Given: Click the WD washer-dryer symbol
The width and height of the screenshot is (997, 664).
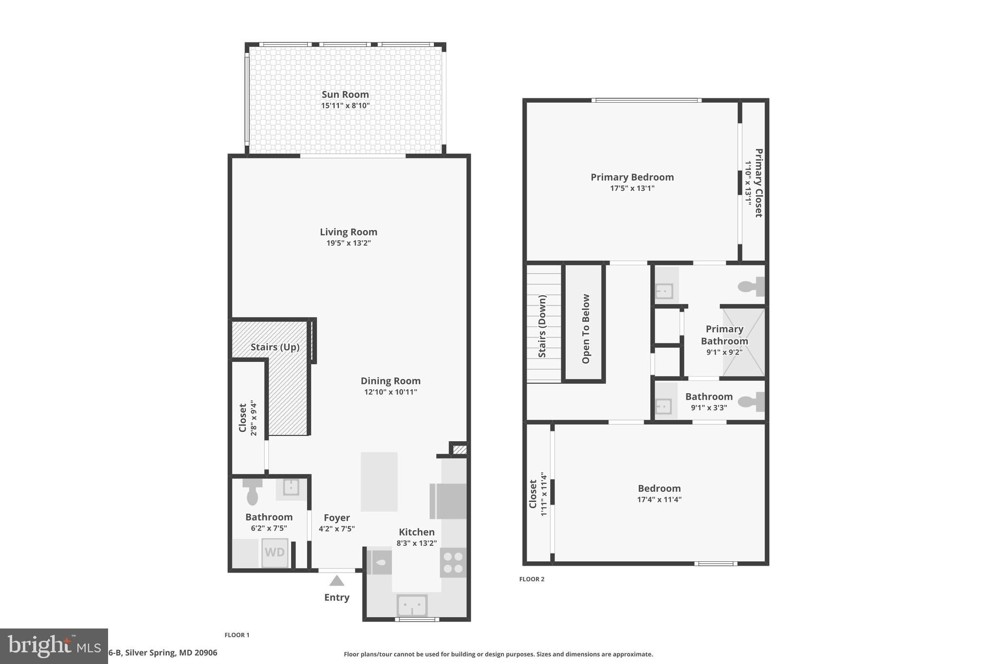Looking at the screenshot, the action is [275, 553].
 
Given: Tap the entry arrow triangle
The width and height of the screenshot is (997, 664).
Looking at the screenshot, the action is [336, 581].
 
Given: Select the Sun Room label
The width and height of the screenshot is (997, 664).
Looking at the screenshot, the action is [345, 94].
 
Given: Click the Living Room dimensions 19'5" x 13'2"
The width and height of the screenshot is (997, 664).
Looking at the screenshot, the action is [349, 243].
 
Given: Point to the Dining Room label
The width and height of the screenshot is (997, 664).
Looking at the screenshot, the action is [390, 381].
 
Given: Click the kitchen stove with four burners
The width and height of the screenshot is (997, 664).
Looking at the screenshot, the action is [453, 563].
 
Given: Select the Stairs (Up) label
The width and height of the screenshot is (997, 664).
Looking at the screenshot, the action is [275, 347].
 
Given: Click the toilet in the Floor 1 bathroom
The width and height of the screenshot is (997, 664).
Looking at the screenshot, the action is [252, 492].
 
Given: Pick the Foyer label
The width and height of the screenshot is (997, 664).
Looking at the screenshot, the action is [337, 518].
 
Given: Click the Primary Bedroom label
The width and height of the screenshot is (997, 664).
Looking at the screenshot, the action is [632, 177].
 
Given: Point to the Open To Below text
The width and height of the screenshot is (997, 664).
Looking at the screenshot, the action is [586, 329].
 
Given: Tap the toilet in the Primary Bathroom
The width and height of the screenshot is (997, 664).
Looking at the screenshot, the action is [751, 287].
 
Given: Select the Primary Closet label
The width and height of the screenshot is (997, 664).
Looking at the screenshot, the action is [758, 183].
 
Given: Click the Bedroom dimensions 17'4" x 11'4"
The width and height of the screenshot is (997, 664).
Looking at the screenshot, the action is [659, 500].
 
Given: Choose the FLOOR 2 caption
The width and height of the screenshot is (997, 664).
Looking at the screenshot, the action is [532, 579].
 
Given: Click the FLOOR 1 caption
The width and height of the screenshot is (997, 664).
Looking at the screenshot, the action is [237, 635].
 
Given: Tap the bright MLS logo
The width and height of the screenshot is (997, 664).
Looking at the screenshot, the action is [54, 646].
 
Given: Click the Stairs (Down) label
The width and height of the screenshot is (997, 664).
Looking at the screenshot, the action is [542, 326].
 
